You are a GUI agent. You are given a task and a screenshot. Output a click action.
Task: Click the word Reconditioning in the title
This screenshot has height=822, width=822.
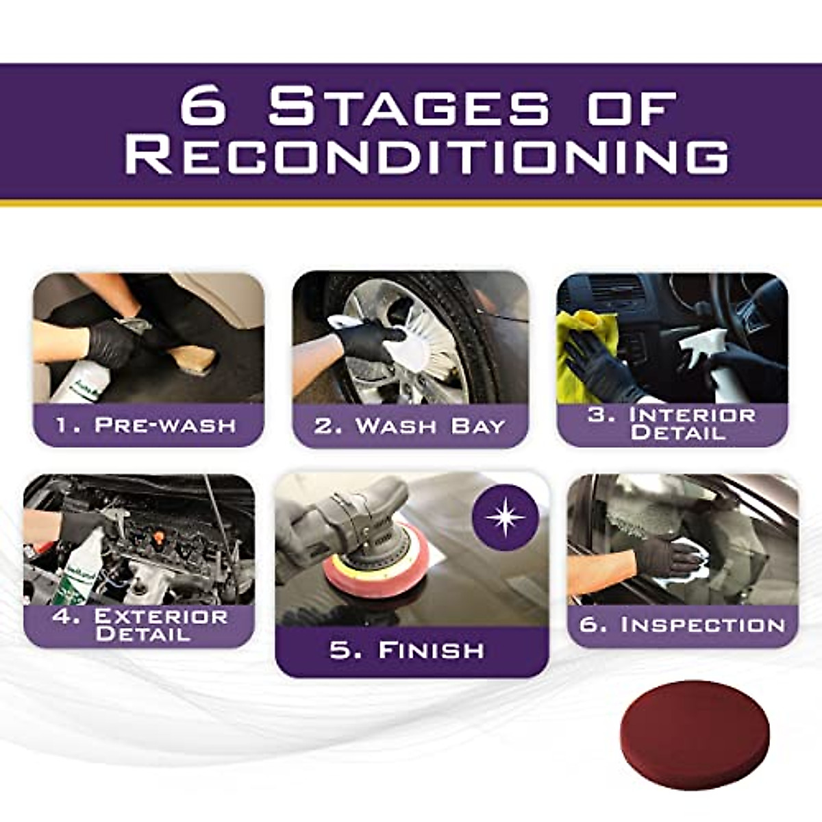click(x=426, y=156)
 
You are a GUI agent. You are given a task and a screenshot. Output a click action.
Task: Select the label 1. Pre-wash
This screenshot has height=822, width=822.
click(x=146, y=425)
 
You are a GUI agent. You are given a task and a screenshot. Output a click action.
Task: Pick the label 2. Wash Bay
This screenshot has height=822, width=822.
click(x=410, y=426)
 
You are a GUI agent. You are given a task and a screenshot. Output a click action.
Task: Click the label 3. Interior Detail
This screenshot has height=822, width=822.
click(x=672, y=424)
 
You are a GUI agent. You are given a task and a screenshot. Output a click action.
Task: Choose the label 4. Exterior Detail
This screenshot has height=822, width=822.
click(x=140, y=625)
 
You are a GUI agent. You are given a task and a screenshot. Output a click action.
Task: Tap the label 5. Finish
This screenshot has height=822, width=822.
click(x=407, y=650)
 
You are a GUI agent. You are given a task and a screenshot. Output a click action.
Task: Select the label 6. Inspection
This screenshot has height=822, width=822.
click(x=682, y=625)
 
